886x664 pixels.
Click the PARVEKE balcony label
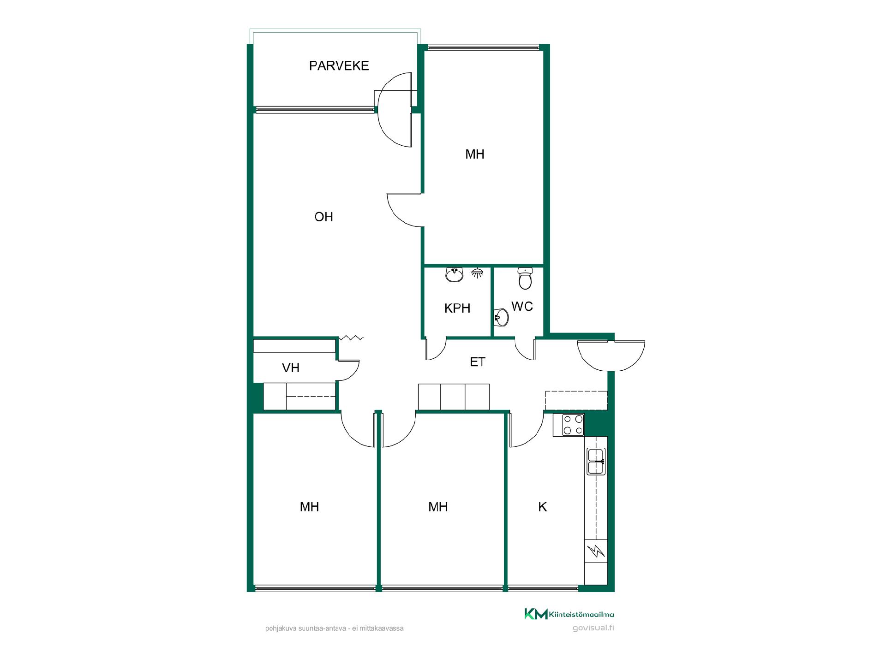pos(339,66)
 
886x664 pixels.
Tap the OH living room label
pos(323,217)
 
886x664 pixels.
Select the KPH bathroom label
pos(457,308)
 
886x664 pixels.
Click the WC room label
pos(522,306)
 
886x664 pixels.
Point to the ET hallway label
pos(478,362)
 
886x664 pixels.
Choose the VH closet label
pos(291,368)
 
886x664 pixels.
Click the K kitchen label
pos(543,507)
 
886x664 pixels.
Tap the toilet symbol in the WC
pos(525,278)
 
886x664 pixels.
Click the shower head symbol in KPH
pos(478,273)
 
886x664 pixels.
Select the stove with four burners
pos(573,425)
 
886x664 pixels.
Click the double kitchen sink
pos(596,462)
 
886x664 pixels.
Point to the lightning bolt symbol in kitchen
pos(596,551)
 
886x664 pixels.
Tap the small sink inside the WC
pos(501,316)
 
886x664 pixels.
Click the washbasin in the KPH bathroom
pos(454,275)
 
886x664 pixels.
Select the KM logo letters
pos(536,614)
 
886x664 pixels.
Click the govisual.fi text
pos(593,628)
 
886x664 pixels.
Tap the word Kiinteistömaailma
pos(581,614)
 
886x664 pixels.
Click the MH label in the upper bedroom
pos(475,154)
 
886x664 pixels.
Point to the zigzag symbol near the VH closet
pos(351,338)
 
